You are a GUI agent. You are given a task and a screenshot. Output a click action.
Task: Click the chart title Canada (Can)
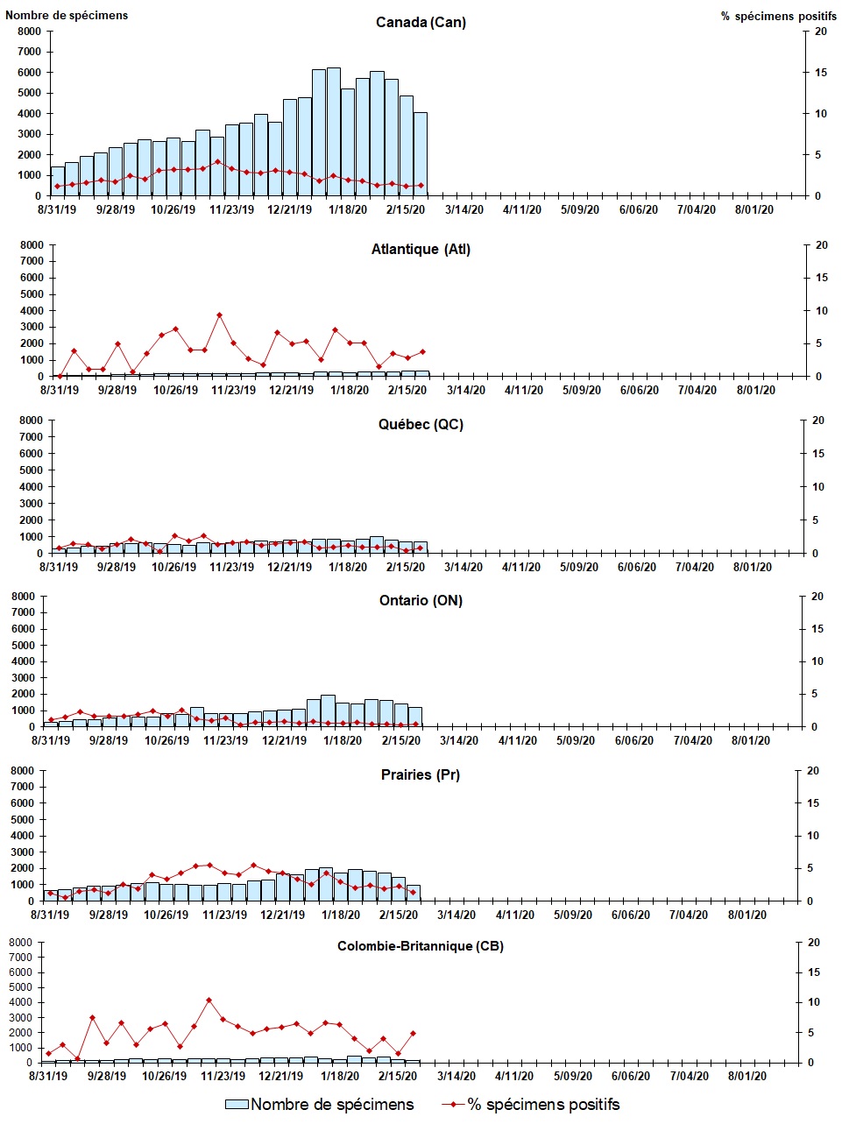pyautogui.click(x=421, y=22)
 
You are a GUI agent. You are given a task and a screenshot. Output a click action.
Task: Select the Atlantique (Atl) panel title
pyautogui.click(x=421, y=250)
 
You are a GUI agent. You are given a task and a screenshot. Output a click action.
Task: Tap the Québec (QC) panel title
pyautogui.click(x=421, y=425)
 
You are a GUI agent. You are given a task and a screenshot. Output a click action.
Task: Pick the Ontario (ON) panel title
pyautogui.click(x=421, y=600)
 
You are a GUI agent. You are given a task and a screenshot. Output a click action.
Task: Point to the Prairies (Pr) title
pyautogui.click(x=421, y=774)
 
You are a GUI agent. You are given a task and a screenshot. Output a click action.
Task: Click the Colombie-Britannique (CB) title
pyautogui.click(x=421, y=946)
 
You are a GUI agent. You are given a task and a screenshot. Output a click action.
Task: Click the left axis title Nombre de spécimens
pyautogui.click(x=67, y=15)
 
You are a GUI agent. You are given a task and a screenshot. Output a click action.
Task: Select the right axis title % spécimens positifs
pyautogui.click(x=778, y=16)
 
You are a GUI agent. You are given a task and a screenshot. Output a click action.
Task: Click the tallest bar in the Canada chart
pyautogui.click(x=334, y=131)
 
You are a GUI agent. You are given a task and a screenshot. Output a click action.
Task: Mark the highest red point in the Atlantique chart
pyautogui.click(x=219, y=315)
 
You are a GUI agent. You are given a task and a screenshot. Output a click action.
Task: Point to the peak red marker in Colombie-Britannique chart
pyautogui.click(x=209, y=1000)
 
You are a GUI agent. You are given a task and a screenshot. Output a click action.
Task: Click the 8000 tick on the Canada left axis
pyautogui.click(x=29, y=32)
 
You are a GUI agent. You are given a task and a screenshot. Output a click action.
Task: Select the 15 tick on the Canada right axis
pyautogui.click(x=820, y=73)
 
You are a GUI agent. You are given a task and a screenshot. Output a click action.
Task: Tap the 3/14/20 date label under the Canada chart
pyautogui.click(x=463, y=209)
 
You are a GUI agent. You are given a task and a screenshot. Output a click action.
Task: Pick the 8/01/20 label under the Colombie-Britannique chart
pyautogui.click(x=747, y=1076)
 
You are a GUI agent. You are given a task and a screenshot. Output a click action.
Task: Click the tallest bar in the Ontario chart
pyautogui.click(x=328, y=710)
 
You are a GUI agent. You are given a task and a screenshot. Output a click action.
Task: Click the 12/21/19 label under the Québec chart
pyautogui.click(x=290, y=567)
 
